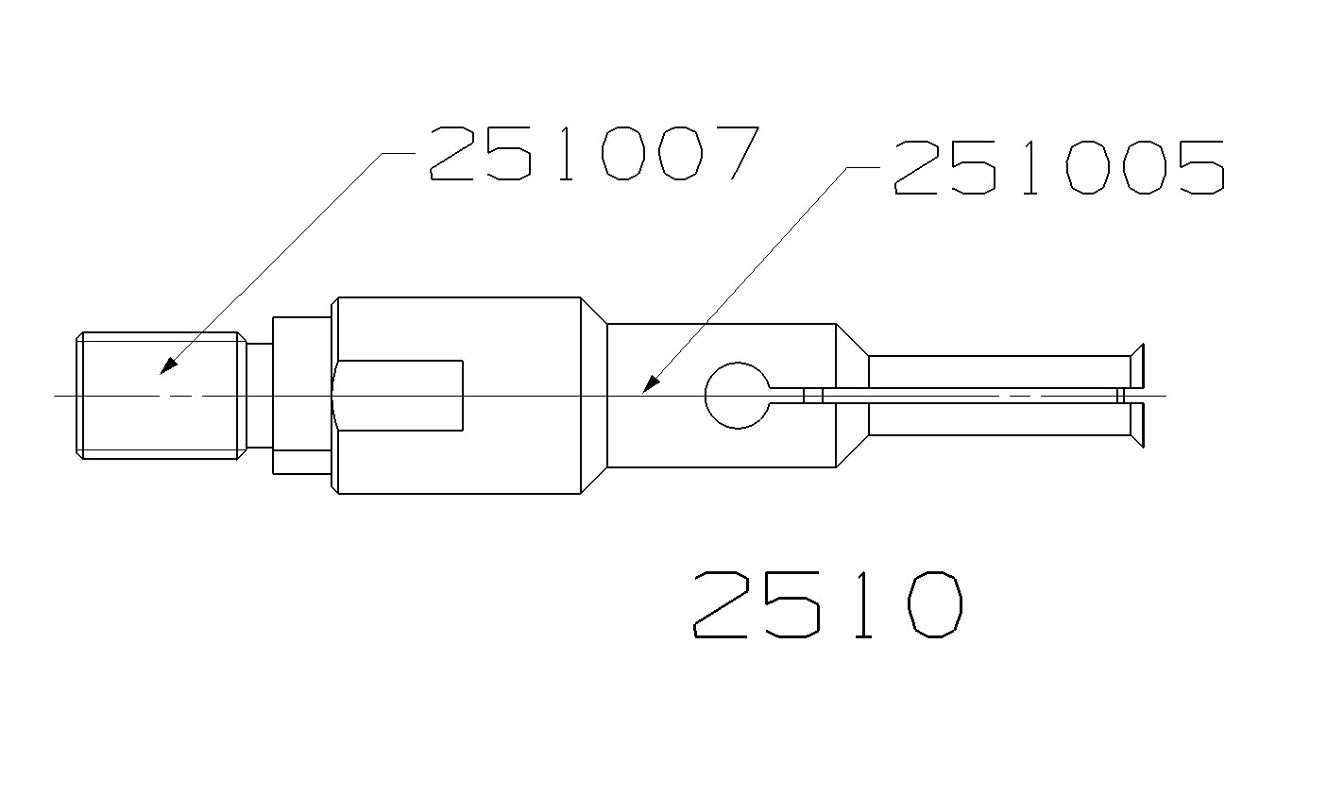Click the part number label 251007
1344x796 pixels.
tap(593, 153)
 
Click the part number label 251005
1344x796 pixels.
tap(1058, 168)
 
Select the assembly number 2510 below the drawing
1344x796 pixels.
tap(827, 605)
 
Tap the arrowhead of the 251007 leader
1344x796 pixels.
tap(167, 366)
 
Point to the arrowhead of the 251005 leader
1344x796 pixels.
tap(649, 385)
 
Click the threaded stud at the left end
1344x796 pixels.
tap(158, 396)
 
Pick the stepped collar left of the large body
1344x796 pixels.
tap(302, 395)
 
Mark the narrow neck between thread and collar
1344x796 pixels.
tap(260, 395)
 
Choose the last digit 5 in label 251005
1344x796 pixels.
tap(1196, 168)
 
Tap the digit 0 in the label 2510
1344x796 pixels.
tap(934, 605)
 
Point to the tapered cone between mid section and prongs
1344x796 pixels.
tap(852, 395)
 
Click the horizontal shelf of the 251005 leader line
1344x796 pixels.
tap(862, 167)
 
